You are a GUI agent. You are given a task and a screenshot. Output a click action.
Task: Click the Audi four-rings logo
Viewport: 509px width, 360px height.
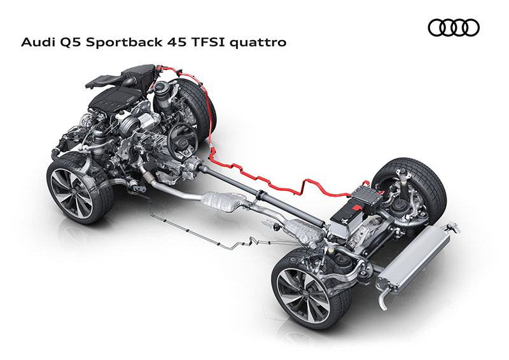(x=454, y=27)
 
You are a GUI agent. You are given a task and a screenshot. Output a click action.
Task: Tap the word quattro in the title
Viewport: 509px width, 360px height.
(x=258, y=43)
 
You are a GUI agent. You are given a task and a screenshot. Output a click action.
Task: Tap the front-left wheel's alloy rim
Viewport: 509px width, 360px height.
(x=71, y=191)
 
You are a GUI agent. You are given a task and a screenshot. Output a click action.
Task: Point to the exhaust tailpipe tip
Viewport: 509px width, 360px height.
(x=385, y=303)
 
